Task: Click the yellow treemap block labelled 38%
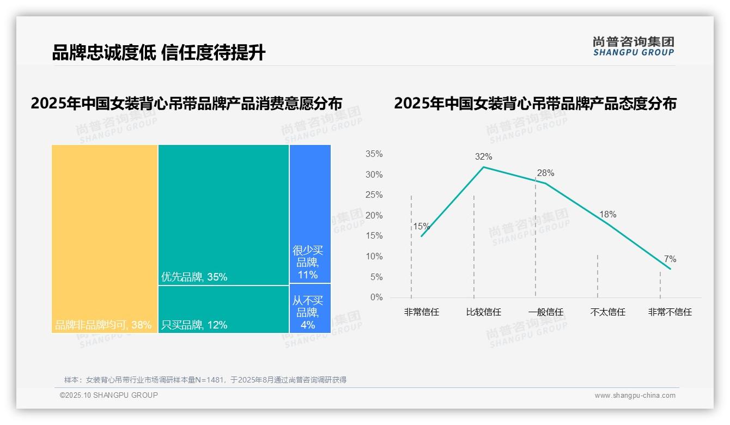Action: (105, 238)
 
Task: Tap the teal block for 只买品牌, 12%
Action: (223, 309)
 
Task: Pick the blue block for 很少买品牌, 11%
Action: (310, 214)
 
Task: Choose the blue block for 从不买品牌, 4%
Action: (310, 308)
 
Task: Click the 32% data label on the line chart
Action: (483, 157)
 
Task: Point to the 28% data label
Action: (545, 173)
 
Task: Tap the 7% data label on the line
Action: (670, 259)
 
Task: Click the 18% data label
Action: (607, 215)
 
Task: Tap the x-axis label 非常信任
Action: (421, 312)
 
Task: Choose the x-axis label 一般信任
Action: (545, 312)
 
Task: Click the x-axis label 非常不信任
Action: (670, 312)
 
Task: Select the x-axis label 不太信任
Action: (607, 312)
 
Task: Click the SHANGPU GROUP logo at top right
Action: (633, 46)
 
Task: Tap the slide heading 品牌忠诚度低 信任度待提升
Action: (159, 53)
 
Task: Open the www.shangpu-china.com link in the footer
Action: (635, 396)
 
